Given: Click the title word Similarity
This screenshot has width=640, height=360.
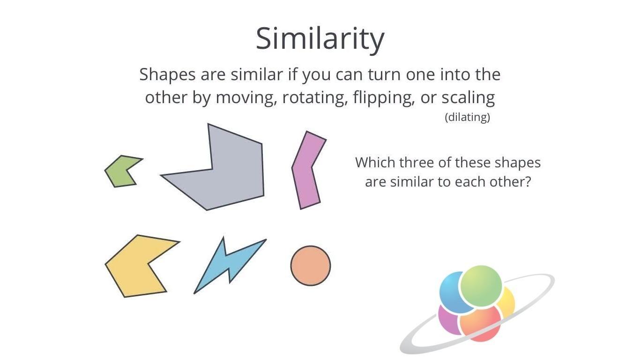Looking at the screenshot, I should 320,38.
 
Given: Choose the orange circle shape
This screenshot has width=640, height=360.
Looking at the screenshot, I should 311,266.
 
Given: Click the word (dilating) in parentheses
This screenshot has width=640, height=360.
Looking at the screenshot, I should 467,117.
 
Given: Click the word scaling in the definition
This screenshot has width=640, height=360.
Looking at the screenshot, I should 468,97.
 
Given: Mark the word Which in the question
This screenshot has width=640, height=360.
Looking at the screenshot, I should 375,163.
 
